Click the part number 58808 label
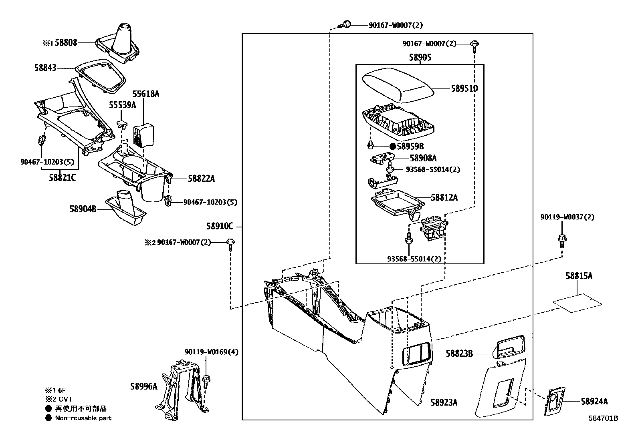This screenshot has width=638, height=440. [66, 42]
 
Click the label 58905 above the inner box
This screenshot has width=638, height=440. [420, 58]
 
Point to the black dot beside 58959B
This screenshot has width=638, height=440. [393, 147]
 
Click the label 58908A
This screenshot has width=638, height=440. [423, 159]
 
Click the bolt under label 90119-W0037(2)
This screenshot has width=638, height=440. [562, 240]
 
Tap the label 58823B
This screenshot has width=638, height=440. [459, 354]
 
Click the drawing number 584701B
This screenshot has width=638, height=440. [603, 418]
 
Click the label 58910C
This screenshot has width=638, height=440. [220, 226]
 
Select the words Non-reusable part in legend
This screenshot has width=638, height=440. [83, 418]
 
